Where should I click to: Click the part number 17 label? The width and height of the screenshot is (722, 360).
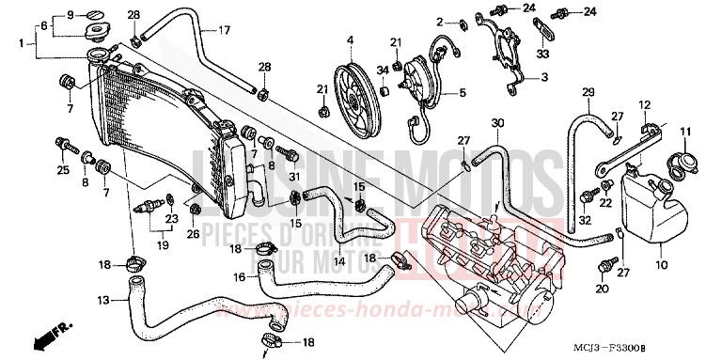(225, 31)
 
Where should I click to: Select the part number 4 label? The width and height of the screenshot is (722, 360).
(349, 39)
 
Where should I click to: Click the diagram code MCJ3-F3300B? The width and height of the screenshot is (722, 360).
(668, 349)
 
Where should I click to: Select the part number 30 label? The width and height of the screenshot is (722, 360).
(497, 123)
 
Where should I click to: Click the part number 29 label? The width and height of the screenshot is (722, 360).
(588, 91)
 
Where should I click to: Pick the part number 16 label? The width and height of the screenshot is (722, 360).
(240, 277)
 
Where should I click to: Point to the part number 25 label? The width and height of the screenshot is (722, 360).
(63, 170)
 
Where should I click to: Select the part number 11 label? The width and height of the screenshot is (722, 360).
(686, 130)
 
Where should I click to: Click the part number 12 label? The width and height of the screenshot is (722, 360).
(645, 103)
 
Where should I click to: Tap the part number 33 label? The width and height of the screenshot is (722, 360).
(543, 55)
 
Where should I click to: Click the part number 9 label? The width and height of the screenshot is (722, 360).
(70, 16)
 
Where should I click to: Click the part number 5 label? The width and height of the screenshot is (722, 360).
(462, 92)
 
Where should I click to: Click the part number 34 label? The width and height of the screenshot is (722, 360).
(383, 70)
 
